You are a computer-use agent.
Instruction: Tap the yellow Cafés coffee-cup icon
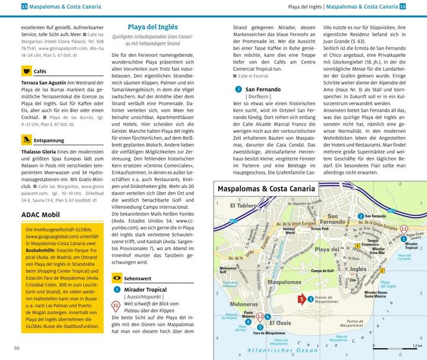pos(26,71)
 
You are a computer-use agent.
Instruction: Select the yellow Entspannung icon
pos(26,141)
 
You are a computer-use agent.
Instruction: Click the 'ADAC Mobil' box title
pos(43,214)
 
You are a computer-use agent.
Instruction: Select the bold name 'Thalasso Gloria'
pos(40,152)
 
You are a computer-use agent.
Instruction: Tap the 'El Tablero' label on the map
pos(235,206)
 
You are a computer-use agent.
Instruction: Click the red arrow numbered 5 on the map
pos(302,299)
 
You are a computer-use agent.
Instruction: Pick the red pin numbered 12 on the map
pos(260,318)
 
